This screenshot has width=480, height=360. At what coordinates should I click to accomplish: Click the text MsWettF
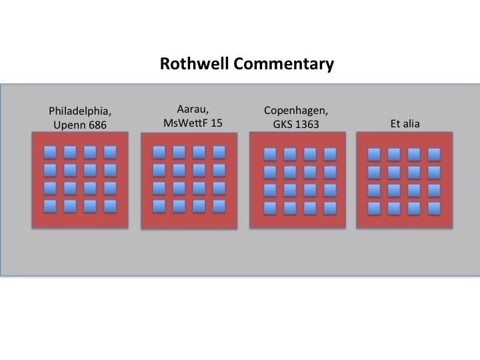182,123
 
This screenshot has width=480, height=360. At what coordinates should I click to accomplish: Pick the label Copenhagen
296,110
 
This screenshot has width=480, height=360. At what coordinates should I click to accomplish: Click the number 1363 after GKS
308,124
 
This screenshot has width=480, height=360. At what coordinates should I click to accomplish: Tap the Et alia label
405,123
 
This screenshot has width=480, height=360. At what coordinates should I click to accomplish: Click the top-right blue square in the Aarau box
219,152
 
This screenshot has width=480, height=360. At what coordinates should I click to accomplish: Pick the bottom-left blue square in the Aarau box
159,206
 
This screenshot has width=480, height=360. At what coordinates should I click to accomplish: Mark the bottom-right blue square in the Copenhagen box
329,208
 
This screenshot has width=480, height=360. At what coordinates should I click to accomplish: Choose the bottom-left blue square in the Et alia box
374,208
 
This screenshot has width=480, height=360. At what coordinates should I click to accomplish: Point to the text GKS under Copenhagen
283,124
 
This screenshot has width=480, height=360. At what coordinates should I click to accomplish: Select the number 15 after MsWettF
215,123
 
